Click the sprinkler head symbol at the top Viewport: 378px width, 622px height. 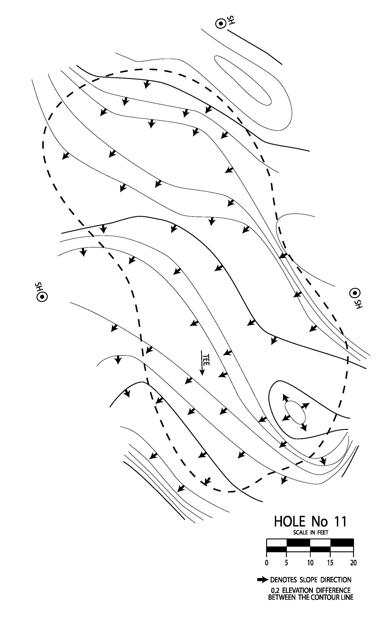[x=221, y=24]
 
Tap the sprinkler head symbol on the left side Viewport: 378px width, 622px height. [x=42, y=296]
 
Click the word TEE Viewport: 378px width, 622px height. [x=206, y=360]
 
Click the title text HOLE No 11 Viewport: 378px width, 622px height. [x=310, y=521]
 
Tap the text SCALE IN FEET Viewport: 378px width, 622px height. [x=310, y=533]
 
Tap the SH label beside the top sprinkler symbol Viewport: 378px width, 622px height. [x=231, y=20]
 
